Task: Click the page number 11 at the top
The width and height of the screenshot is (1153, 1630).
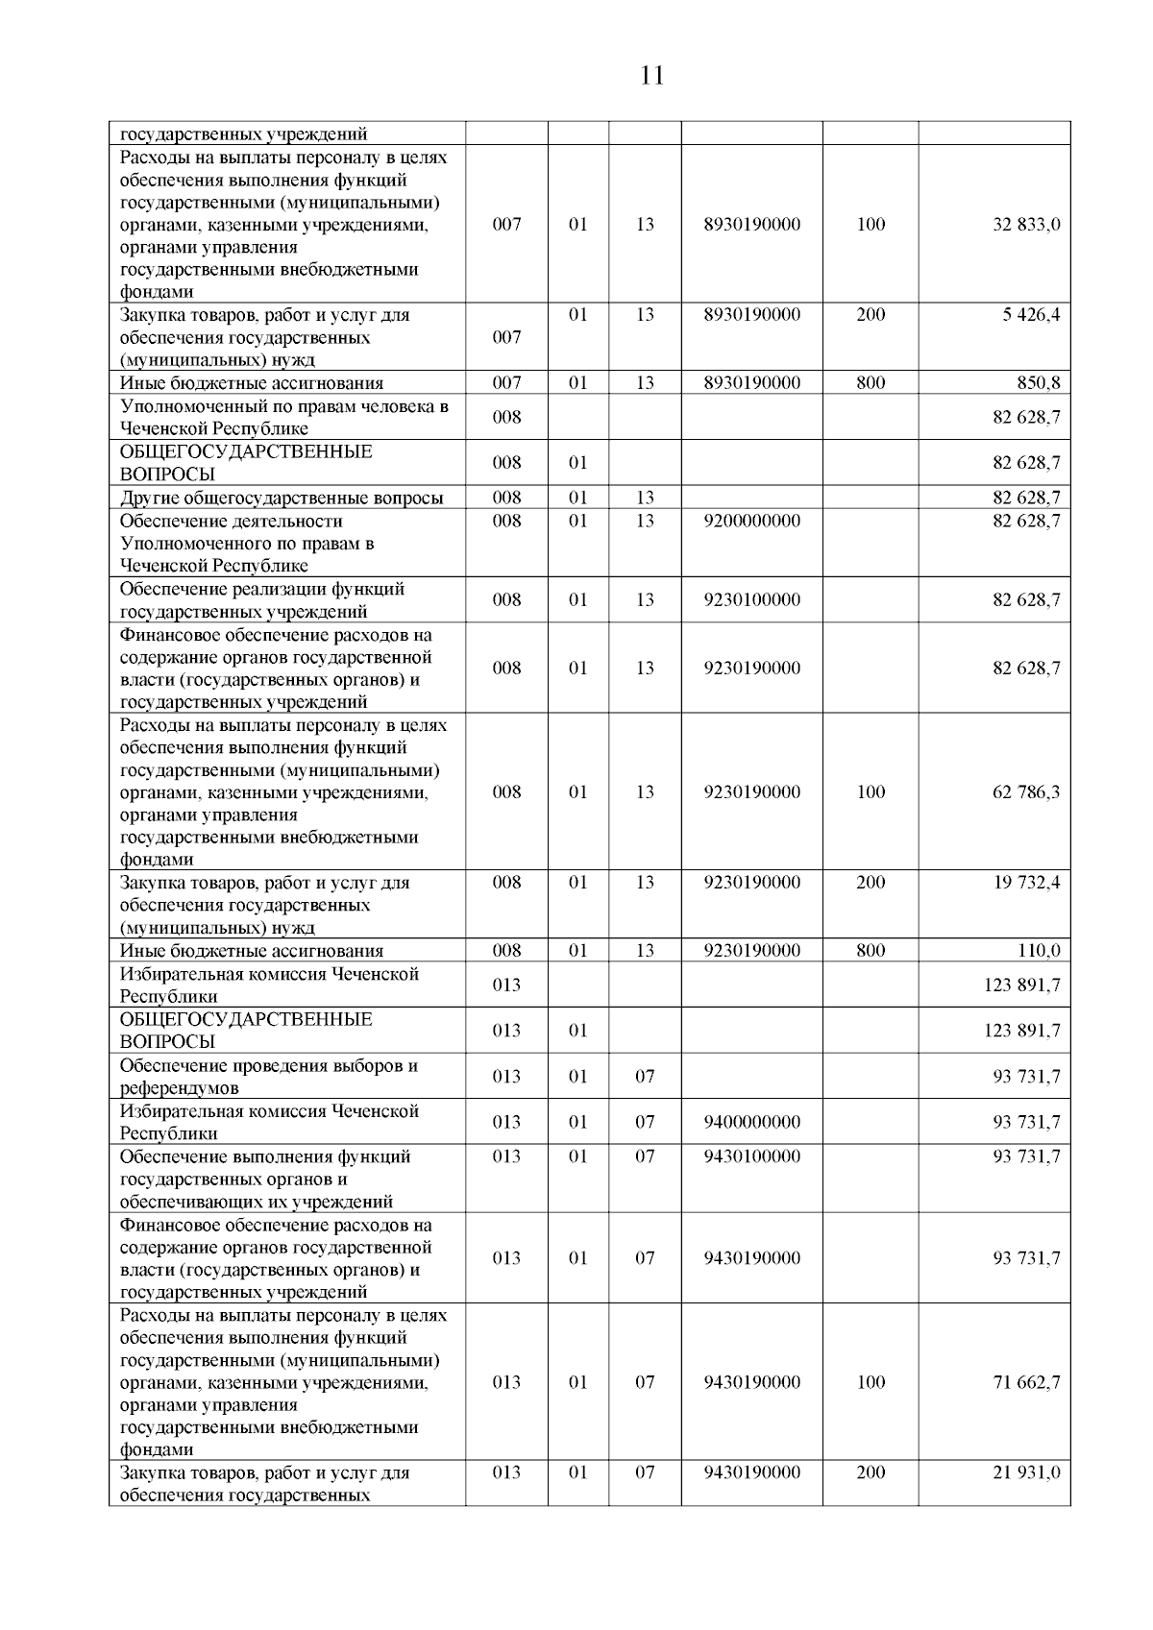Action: coord(651,76)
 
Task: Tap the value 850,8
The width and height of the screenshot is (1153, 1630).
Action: coord(1039,383)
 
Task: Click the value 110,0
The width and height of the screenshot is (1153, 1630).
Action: coord(1039,951)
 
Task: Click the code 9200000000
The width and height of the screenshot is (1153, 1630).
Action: coord(751,521)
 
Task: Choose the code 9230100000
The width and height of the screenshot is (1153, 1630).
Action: coord(751,600)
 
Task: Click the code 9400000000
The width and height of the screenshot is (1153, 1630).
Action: coord(751,1122)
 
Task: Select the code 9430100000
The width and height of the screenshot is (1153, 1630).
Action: coord(751,1156)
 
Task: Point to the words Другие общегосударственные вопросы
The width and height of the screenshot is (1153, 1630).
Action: coord(282,498)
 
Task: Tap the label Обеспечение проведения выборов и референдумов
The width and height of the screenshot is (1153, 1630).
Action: coord(269,1077)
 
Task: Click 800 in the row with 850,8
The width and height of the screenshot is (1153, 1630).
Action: coord(871,383)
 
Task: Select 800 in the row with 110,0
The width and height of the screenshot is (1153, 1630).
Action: coord(871,951)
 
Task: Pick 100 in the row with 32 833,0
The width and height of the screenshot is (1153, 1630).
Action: coord(871,225)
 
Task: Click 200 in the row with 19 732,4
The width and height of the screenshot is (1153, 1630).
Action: coord(871,883)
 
